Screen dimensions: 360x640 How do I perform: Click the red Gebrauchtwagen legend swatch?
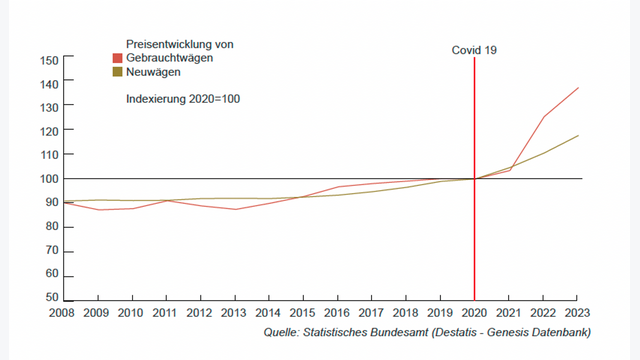tap(118, 59)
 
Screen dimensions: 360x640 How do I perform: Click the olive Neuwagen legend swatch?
tap(118, 73)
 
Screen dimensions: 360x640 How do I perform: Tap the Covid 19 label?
tap(473, 49)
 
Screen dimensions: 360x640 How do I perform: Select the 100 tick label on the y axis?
tap(50, 179)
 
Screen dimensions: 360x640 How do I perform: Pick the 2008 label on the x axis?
tap(62, 313)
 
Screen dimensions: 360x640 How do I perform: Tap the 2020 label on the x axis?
tap(473, 313)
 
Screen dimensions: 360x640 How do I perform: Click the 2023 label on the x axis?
tap(577, 313)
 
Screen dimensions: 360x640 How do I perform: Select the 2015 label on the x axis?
tap(302, 313)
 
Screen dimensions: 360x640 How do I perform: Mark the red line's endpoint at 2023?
tap(578, 88)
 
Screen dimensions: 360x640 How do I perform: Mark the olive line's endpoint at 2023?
tap(578, 136)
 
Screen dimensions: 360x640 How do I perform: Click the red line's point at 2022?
tap(543, 117)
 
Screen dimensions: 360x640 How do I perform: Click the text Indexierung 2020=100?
tap(183, 99)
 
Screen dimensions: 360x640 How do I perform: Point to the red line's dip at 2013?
tap(234, 209)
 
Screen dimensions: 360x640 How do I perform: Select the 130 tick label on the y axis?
tap(50, 106)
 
